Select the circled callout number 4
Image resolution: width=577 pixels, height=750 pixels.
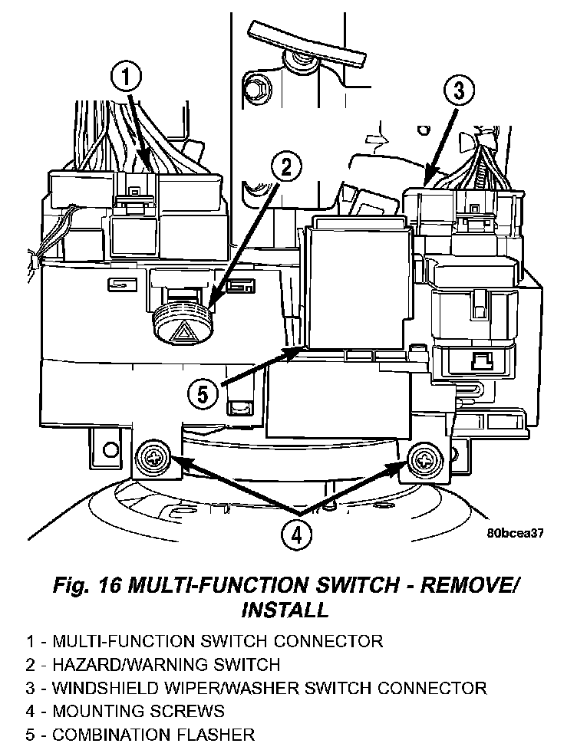pyautogui.click(x=296, y=535)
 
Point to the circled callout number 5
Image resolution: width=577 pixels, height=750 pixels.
pyautogui.click(x=202, y=394)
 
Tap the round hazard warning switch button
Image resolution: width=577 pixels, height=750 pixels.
pyautogui.click(x=182, y=320)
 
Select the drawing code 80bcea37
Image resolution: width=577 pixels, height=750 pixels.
pyautogui.click(x=514, y=535)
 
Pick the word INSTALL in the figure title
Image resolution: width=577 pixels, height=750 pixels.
pyautogui.click(x=285, y=610)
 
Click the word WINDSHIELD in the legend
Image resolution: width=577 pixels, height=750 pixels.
pyautogui.click(x=97, y=688)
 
